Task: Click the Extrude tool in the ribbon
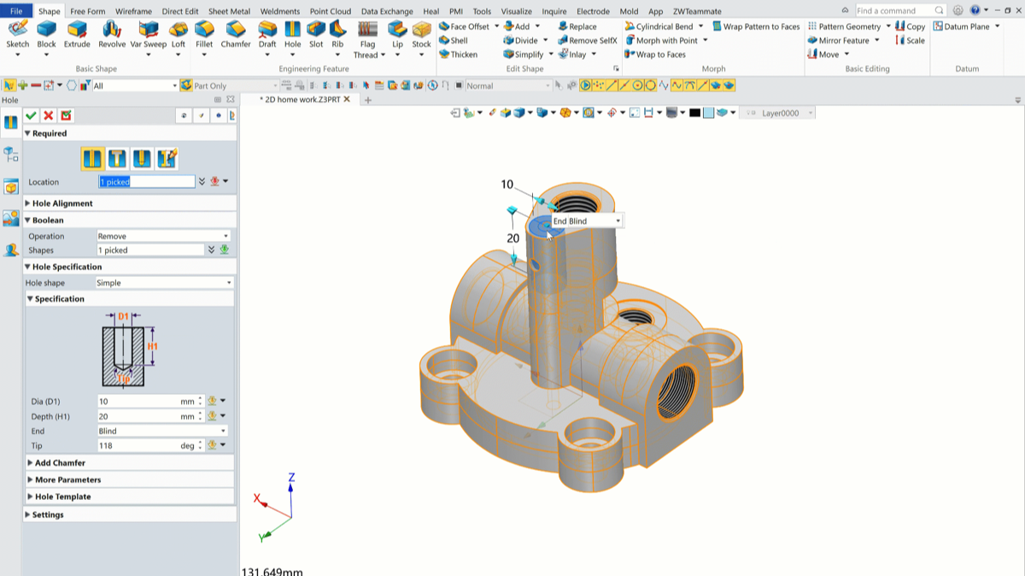click(x=76, y=34)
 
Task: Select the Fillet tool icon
click(x=204, y=30)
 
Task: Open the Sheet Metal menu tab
click(x=229, y=11)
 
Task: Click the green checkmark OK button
click(x=31, y=115)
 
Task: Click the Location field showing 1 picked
click(x=146, y=182)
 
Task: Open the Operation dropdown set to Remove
click(x=163, y=236)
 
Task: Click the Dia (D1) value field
click(x=146, y=402)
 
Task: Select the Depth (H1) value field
click(x=146, y=417)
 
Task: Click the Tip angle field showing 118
click(x=146, y=446)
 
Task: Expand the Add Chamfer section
click(x=60, y=463)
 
